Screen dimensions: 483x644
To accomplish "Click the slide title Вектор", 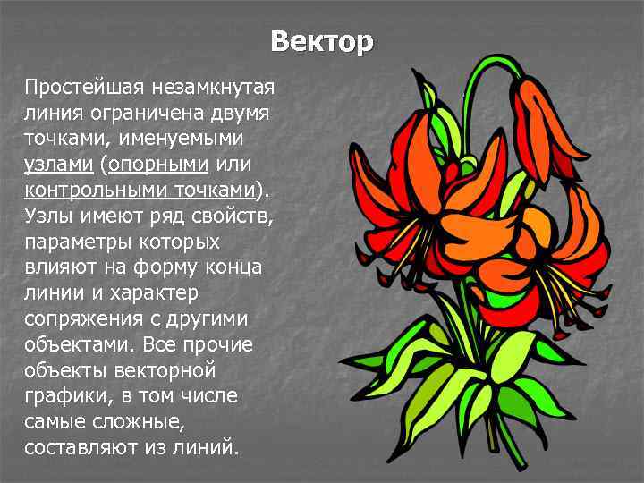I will click(x=321, y=42).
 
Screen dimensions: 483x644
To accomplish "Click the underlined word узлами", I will click(x=59, y=165).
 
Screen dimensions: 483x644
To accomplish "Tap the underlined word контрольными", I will click(x=82, y=191).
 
